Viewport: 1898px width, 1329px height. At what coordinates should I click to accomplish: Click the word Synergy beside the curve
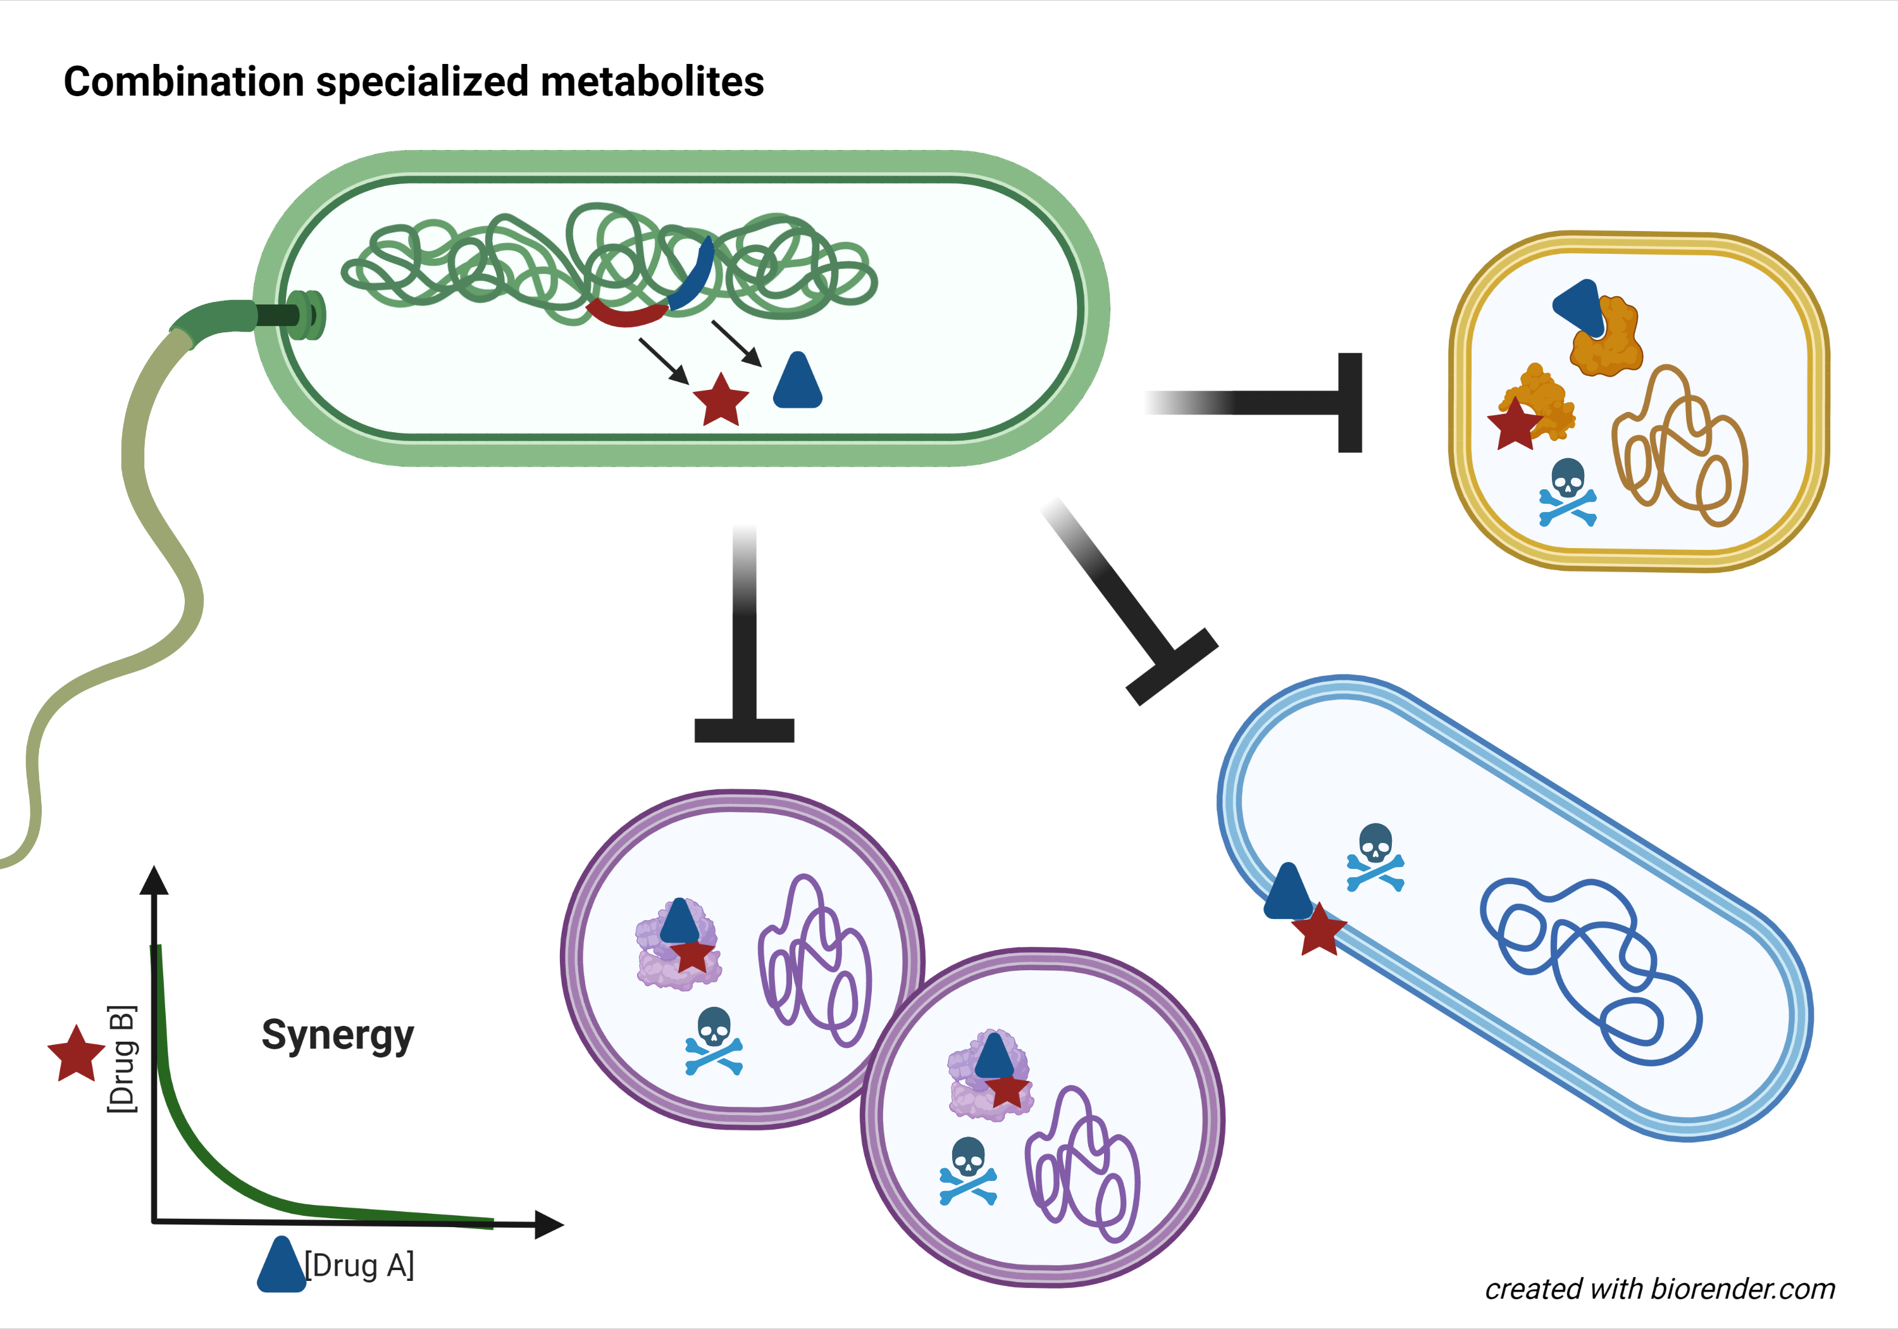[337, 1035]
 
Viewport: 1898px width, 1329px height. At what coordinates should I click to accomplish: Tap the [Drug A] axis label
[359, 1265]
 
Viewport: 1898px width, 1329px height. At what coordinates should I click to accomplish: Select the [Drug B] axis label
[121, 1059]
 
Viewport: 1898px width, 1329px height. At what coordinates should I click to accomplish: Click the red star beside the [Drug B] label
[76, 1054]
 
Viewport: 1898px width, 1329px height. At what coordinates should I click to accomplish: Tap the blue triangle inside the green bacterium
[797, 383]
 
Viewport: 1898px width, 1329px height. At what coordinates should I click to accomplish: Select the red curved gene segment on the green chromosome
[626, 315]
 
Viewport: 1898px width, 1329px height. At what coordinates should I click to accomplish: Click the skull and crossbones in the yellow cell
[1567, 493]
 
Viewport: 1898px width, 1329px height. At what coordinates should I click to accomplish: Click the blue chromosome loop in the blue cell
[1587, 968]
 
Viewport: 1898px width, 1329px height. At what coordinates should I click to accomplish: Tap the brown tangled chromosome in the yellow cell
[1678, 447]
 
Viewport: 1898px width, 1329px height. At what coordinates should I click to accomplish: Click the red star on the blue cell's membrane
[1318, 930]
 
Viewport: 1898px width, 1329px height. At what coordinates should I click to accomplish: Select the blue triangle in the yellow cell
[1577, 306]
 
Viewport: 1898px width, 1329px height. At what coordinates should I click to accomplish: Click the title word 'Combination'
[183, 82]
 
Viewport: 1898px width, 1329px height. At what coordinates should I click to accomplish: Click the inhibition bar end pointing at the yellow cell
[1350, 402]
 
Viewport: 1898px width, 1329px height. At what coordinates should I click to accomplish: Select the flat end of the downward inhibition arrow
[744, 730]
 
